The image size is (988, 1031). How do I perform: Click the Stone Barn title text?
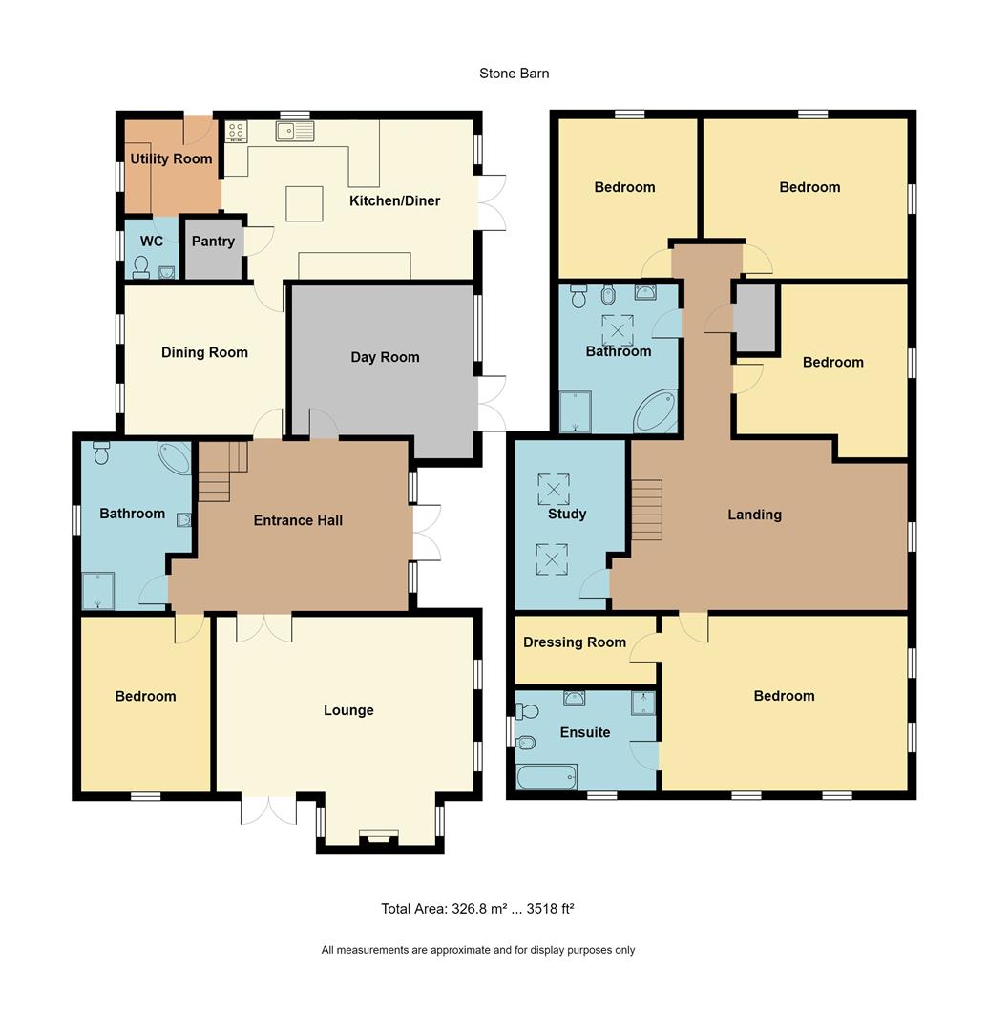[514, 74]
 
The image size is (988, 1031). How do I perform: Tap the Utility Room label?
[171, 158]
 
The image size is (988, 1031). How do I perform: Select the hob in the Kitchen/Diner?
[236, 132]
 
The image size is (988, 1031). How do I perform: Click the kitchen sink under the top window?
[295, 132]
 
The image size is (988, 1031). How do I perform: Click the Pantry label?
[213, 242]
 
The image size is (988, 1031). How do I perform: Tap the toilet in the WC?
[141, 266]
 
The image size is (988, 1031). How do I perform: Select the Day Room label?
[385, 357]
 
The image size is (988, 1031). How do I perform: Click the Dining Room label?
[204, 352]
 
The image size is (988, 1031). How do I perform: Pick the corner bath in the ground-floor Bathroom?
[175, 457]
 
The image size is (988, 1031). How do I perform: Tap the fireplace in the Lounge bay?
[379, 838]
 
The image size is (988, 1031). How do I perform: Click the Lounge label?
[348, 710]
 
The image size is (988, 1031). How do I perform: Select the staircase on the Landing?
[646, 510]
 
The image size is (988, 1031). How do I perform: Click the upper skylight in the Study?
[553, 488]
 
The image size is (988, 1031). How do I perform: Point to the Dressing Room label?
[575, 642]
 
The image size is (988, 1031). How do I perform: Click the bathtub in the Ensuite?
[547, 776]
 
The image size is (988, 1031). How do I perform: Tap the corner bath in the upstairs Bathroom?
[656, 410]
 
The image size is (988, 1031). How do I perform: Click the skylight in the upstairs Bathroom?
[618, 329]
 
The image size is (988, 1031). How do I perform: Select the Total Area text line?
[477, 909]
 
